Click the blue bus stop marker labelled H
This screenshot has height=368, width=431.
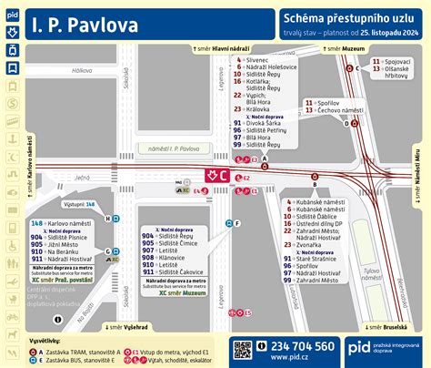tap(108, 218)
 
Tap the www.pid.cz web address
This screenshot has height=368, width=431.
tap(300, 358)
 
